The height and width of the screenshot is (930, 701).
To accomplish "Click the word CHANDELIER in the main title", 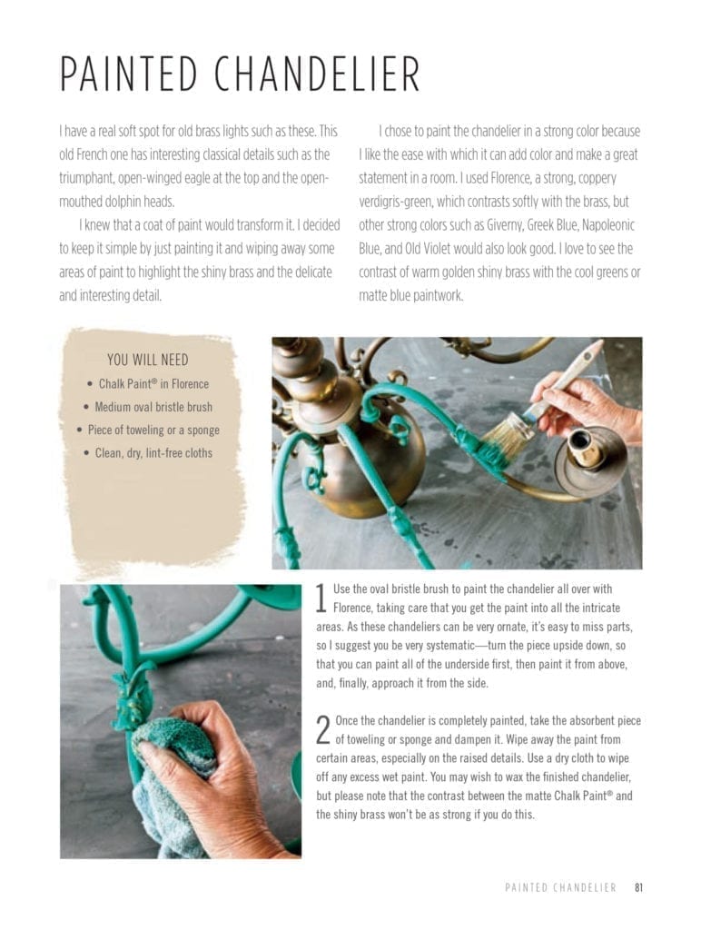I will pyautogui.click(x=318, y=74).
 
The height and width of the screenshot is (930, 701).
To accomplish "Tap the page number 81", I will pyautogui.click(x=639, y=887).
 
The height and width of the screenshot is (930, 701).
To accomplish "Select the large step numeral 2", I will pyautogui.click(x=322, y=729).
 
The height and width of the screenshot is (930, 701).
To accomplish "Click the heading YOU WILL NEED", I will pyautogui.click(x=148, y=361).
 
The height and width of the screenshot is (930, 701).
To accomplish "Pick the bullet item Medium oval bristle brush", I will pyautogui.click(x=147, y=407).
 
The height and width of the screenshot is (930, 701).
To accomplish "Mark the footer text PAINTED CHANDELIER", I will pyautogui.click(x=560, y=887).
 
